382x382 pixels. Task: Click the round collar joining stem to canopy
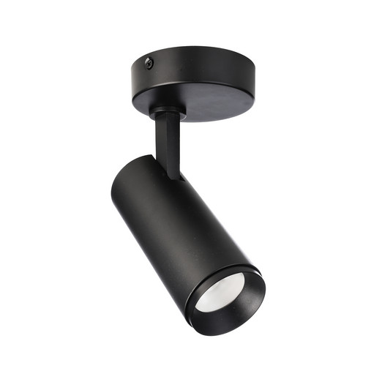(164, 112)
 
